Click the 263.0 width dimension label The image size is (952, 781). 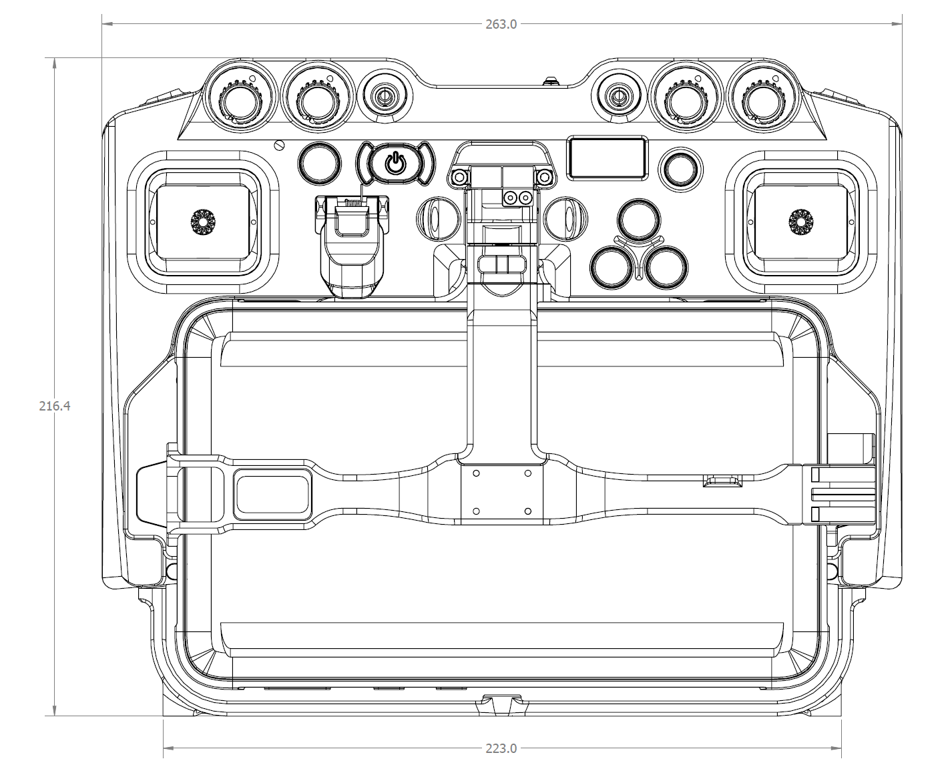coord(501,25)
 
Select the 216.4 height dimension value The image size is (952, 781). coord(55,406)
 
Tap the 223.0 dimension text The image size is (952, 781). coord(501,748)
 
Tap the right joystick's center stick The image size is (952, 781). coord(799,222)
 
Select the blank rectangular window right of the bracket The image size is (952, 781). coord(606,158)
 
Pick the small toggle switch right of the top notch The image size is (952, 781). coord(618,95)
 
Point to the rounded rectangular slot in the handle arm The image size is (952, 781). coord(272,494)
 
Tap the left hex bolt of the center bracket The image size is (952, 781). coord(459,177)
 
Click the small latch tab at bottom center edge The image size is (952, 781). coord(500,704)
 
